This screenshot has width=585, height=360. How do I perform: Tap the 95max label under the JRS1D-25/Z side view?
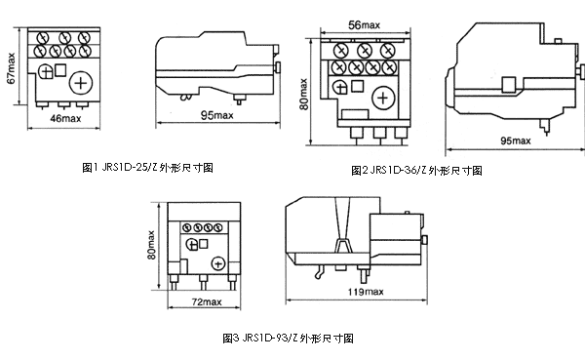pos(214,117)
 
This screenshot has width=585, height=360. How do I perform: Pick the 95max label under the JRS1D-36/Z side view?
pos(514,140)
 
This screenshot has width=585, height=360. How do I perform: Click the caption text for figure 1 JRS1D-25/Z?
pos(146,168)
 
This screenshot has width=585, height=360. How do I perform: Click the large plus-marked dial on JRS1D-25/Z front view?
pos(82,80)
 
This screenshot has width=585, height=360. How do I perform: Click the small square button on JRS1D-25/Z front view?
pos(60,69)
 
